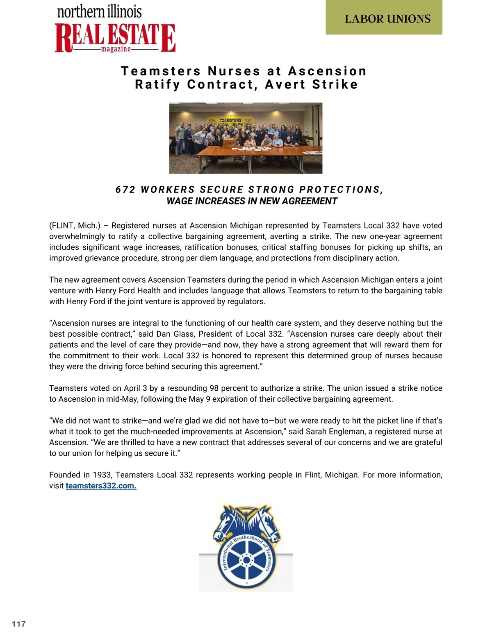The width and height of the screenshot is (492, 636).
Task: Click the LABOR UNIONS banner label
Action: [387, 19]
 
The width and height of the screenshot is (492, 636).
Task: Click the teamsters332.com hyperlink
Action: [101, 486]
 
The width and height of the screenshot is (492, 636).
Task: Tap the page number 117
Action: [19, 624]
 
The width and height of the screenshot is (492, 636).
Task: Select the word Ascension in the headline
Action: [327, 71]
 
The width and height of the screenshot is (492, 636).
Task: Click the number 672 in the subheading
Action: [125, 190]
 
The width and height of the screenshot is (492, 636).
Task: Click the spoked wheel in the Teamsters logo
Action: [246, 560]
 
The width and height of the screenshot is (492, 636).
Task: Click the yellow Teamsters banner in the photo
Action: [230, 122]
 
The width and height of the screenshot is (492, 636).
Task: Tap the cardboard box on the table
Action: [230, 142]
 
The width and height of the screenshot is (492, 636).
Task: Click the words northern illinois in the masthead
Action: [100, 11]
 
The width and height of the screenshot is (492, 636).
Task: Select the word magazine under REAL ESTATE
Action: [116, 49]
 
